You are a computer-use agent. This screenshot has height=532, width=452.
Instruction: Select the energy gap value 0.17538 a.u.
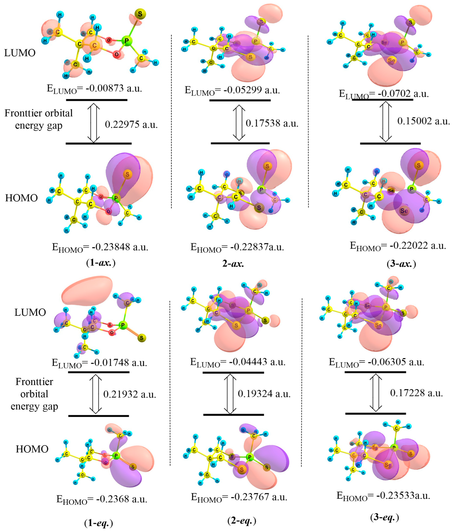(272, 123)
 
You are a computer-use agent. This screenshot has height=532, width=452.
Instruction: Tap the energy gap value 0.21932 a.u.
(130, 394)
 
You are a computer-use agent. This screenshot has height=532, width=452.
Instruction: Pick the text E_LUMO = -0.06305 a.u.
(377, 362)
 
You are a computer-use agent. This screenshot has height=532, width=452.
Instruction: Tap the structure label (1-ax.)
(101, 263)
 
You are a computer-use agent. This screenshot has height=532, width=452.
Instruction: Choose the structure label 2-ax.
(233, 263)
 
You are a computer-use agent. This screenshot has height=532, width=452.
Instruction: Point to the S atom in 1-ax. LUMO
(140, 14)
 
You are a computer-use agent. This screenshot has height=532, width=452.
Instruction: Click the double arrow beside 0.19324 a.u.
(230, 394)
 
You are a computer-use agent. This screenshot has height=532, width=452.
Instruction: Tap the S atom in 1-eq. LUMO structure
(141, 338)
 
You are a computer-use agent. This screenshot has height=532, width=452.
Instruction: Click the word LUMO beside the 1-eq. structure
(30, 312)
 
